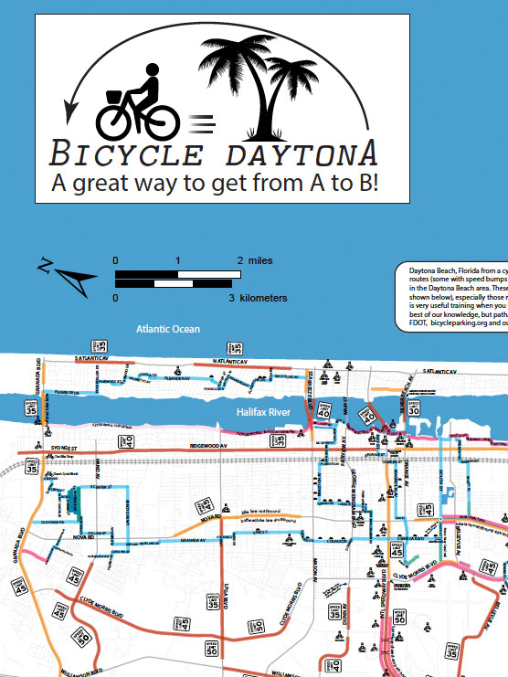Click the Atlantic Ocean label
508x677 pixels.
click(x=167, y=329)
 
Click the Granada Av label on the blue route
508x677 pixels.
click(x=195, y=541)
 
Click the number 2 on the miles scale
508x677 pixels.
click(x=240, y=260)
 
